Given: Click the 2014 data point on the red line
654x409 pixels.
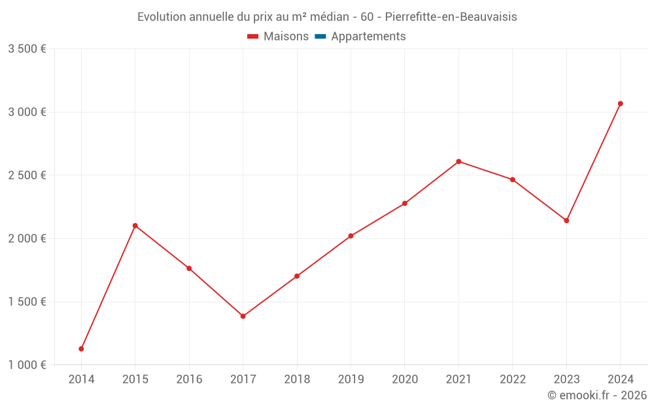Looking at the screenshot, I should point(81,349).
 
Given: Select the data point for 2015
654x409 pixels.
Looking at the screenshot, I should point(135,226).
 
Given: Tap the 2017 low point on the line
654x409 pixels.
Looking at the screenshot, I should point(243,316).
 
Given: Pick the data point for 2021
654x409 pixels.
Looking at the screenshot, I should point(458,162).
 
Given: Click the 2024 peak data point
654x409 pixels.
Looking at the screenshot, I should point(620,103).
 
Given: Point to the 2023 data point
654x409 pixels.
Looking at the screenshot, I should point(566,221).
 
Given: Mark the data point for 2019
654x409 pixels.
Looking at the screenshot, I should point(351,236).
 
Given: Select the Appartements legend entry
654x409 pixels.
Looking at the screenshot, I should point(368,37).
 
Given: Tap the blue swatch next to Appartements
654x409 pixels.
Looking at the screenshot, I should point(320,37).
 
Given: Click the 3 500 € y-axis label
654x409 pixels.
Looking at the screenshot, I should point(27,49).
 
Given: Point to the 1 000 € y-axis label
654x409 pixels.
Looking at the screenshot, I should point(27,365).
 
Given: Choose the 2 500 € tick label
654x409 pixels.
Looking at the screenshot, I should point(27,175).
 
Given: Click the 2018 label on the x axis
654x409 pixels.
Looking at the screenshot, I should point(297,380).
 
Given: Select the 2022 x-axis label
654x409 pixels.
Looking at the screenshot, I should point(512,380).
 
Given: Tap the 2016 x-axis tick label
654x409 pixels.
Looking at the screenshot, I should point(189,380).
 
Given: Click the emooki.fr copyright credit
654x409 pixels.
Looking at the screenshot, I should point(597,395).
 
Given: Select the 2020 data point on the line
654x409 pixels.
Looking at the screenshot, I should point(405,204).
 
